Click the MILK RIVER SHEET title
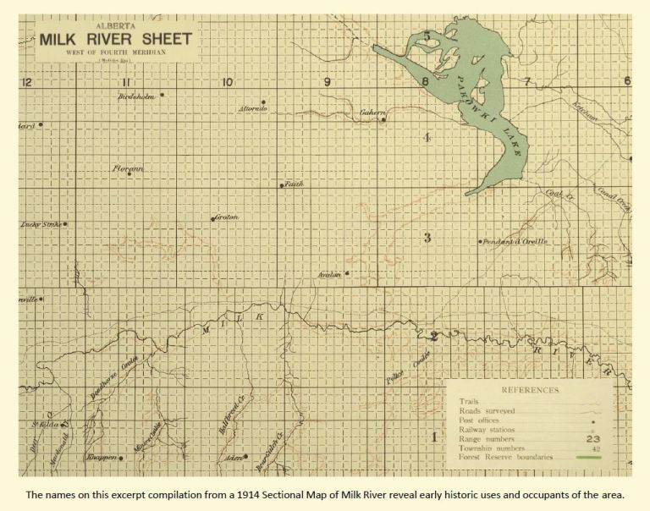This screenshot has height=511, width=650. coord(115,41)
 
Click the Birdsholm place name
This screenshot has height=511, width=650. coord(137,96)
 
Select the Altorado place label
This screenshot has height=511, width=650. coord(253,110)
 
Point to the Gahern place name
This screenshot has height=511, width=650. coord(372,113)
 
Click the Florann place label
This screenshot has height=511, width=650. coord(129,168)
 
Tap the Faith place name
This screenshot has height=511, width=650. coord(294,183)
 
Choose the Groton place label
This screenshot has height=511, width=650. coord(226,217)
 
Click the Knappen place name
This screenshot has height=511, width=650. coord(102,458)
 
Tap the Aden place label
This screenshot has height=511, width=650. coord(235,457)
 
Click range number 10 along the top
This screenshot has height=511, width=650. coord(227,82)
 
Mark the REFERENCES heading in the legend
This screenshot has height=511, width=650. coord(530,390)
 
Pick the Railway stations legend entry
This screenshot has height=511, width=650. coord(487,429)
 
